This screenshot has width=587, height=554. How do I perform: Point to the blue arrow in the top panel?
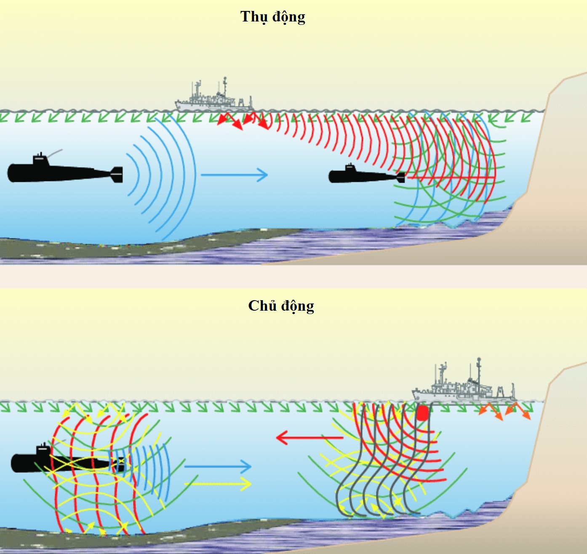(x=234, y=174)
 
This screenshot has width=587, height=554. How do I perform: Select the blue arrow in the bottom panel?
(x=217, y=466)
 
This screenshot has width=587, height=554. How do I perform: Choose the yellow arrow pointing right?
(x=217, y=484)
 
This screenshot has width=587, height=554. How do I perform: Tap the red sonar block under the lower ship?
(x=422, y=413)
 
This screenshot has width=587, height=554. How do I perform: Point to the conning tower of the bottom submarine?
(x=43, y=450)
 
